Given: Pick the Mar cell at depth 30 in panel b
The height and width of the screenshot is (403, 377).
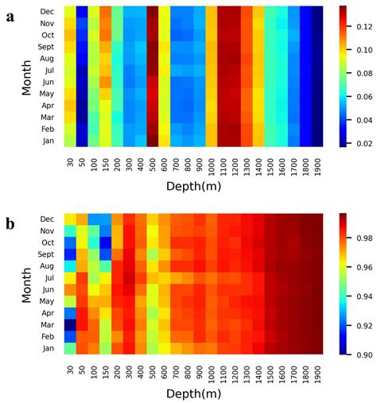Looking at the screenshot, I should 70,324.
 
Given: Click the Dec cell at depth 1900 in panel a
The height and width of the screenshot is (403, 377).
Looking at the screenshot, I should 317,11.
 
